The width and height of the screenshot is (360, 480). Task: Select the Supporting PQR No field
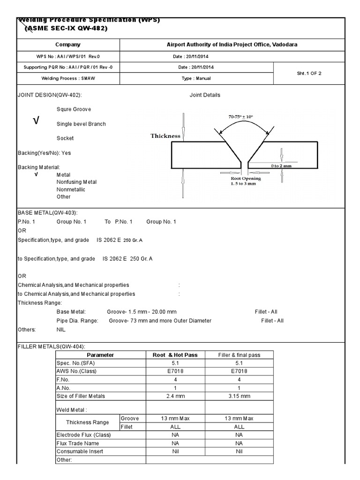coord(68,67)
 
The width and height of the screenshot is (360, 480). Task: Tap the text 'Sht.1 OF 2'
coord(309,73)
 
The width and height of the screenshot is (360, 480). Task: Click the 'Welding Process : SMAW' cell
coord(68,79)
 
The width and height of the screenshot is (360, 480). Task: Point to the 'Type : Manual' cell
coord(196,79)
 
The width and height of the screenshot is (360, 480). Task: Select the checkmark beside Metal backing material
coord(36,174)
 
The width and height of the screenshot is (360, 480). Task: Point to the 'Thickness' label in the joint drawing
coord(165,136)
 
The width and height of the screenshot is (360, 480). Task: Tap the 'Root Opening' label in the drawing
coord(246,179)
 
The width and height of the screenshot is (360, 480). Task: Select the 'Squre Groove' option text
coord(74,109)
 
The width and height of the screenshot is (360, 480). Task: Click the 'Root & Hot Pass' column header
coord(175,355)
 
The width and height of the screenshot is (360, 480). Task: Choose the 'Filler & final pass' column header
coord(239,355)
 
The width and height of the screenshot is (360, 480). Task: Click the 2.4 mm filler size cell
coord(175,396)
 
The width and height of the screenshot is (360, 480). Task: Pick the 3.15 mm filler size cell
coord(239,396)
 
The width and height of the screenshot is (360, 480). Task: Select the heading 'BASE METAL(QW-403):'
coord(44,212)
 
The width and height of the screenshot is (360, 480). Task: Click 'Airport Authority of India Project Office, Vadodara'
coord(232,45)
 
